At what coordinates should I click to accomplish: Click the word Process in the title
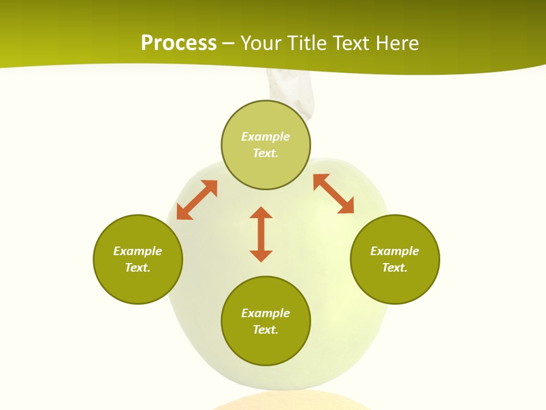coord(179,43)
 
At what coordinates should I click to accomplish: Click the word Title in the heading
coord(311,43)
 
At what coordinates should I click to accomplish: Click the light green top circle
coord(266,165)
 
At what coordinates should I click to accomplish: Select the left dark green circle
coord(138,285)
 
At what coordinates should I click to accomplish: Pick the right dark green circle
coord(395,285)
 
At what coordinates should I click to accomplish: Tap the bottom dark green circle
coord(266,347)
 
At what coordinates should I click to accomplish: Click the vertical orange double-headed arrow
coord(261,234)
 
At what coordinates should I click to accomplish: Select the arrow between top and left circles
coord(197,200)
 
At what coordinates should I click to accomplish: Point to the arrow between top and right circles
coord(333,194)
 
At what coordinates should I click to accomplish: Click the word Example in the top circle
coord(266,137)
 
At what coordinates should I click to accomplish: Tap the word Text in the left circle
coord(138,268)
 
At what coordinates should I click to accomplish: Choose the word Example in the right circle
coord(395,251)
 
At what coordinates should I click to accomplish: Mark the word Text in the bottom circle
coord(266,330)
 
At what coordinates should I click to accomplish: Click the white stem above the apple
coord(290,91)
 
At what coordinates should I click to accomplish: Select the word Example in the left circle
coord(138,251)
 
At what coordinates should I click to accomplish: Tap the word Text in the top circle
coord(266,153)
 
